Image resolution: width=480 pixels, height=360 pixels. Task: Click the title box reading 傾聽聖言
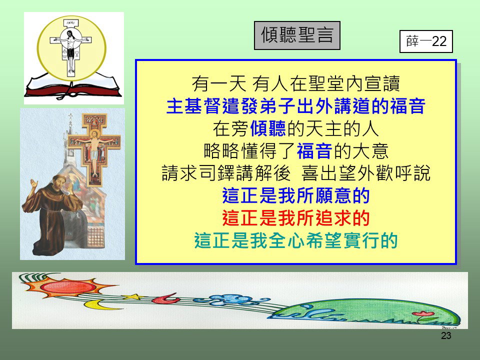point(297,35)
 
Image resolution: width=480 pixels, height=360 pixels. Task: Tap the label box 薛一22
point(426,41)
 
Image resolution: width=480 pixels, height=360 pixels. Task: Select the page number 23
point(446,335)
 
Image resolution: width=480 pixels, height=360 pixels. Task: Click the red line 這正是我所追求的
point(296,218)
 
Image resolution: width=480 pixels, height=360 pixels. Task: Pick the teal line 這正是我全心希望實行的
point(296,240)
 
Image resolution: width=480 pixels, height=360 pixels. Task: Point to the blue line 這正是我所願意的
point(296,195)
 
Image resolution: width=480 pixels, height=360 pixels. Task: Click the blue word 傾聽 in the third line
point(268,128)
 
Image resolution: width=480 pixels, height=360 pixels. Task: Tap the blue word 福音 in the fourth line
point(314,150)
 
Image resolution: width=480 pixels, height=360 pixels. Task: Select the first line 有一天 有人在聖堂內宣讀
point(296,83)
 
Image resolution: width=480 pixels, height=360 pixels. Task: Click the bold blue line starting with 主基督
point(296,106)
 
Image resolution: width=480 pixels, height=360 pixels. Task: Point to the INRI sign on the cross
point(71,23)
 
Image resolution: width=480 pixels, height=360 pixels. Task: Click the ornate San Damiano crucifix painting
point(94,149)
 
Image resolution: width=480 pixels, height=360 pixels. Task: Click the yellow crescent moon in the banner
point(97,305)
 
